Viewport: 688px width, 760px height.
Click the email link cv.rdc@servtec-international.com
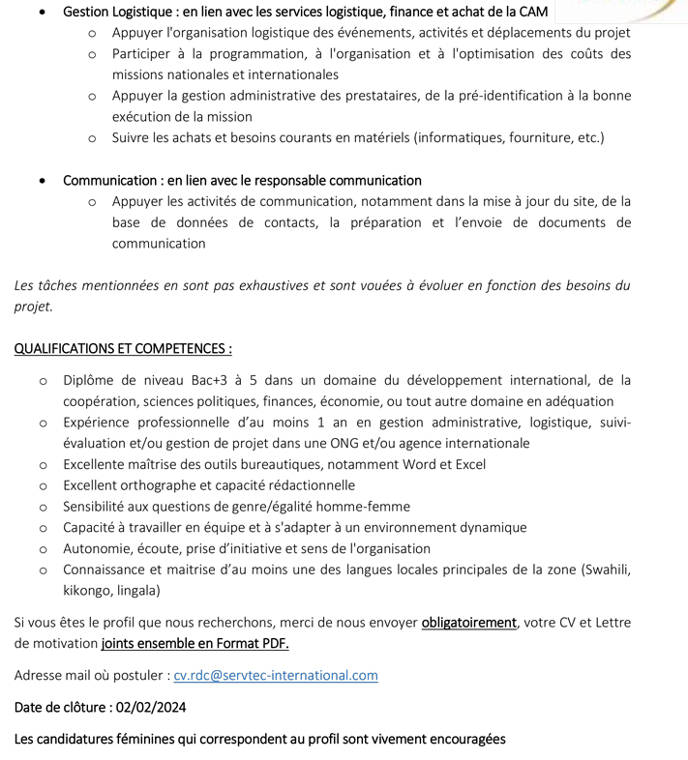(276, 675)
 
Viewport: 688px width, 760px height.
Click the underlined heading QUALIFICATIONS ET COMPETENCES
(123, 348)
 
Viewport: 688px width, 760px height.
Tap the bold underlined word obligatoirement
(468, 622)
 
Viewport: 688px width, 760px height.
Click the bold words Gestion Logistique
(109, 12)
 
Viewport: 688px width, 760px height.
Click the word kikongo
(87, 590)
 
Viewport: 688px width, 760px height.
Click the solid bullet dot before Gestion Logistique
(40, 13)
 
